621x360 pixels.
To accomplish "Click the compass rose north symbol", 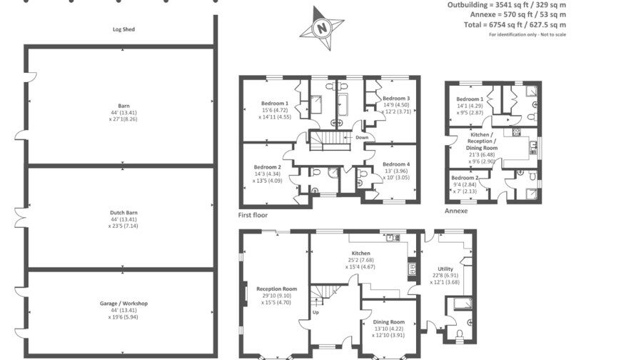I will (x=323, y=29).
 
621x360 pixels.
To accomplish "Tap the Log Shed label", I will (x=123, y=29).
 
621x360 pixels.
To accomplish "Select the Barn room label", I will (x=123, y=105).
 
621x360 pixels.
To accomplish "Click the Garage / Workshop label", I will (x=123, y=304).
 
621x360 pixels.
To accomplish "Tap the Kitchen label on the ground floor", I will (x=360, y=254).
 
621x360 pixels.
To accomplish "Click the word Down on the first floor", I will (x=362, y=137).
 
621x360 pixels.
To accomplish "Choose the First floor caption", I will (x=255, y=214).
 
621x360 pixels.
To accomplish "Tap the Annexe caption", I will (x=456, y=211).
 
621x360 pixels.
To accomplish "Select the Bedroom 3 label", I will (x=395, y=99).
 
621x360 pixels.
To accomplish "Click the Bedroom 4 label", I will (x=395, y=164).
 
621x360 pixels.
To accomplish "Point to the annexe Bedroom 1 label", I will (x=470, y=99).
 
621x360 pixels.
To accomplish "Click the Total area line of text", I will (x=527, y=24).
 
